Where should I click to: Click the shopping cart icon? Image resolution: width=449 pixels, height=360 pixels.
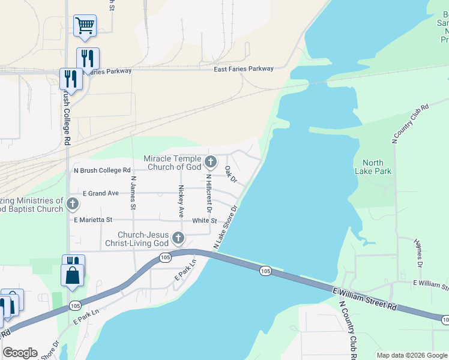85,26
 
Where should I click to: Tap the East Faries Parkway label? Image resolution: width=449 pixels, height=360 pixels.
244,69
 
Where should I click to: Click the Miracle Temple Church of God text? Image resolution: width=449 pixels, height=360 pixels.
173,163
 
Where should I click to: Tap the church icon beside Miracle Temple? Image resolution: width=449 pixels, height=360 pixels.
210,161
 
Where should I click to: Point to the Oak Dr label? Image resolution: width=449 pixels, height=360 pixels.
231,175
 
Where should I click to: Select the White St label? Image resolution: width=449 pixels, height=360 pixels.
204,221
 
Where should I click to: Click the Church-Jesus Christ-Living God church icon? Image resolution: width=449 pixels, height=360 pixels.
178,238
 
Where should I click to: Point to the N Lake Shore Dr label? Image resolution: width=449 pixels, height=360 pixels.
226,227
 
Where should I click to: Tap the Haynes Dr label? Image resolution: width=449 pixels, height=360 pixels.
418,253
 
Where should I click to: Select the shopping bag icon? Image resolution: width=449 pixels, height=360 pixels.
73,275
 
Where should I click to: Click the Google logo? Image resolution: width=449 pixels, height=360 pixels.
20,353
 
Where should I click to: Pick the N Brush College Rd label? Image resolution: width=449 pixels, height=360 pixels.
102,170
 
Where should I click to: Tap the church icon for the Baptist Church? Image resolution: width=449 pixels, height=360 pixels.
73,203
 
